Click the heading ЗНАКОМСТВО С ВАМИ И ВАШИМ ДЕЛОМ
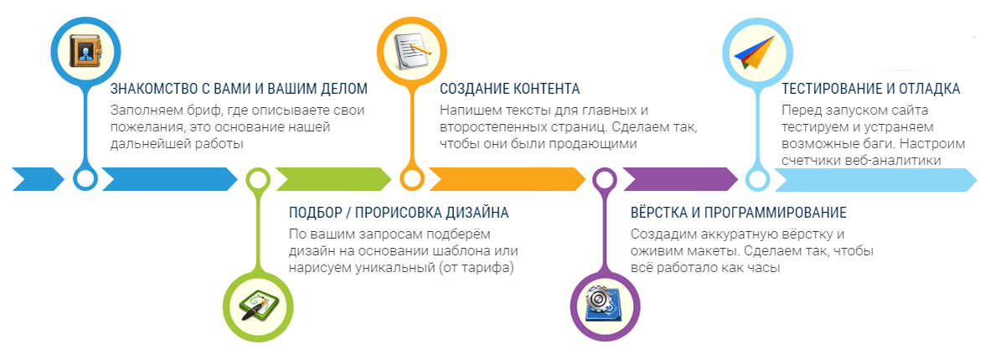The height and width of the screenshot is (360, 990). click(239, 89)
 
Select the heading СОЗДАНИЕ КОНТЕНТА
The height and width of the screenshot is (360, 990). click(509, 89)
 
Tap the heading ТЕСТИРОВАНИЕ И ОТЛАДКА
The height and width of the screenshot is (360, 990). click(870, 89)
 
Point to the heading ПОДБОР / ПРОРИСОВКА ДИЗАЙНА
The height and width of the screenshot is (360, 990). click(399, 213)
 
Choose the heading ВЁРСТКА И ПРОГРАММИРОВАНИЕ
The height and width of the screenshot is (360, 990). click(738, 213)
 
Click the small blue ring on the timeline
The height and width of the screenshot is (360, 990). click(85, 178)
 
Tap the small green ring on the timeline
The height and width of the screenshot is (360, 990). click(257, 178)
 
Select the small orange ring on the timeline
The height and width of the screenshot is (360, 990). click(411, 178)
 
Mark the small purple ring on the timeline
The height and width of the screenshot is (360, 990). click(604, 178)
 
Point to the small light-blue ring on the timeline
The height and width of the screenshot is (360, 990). click(756, 178)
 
